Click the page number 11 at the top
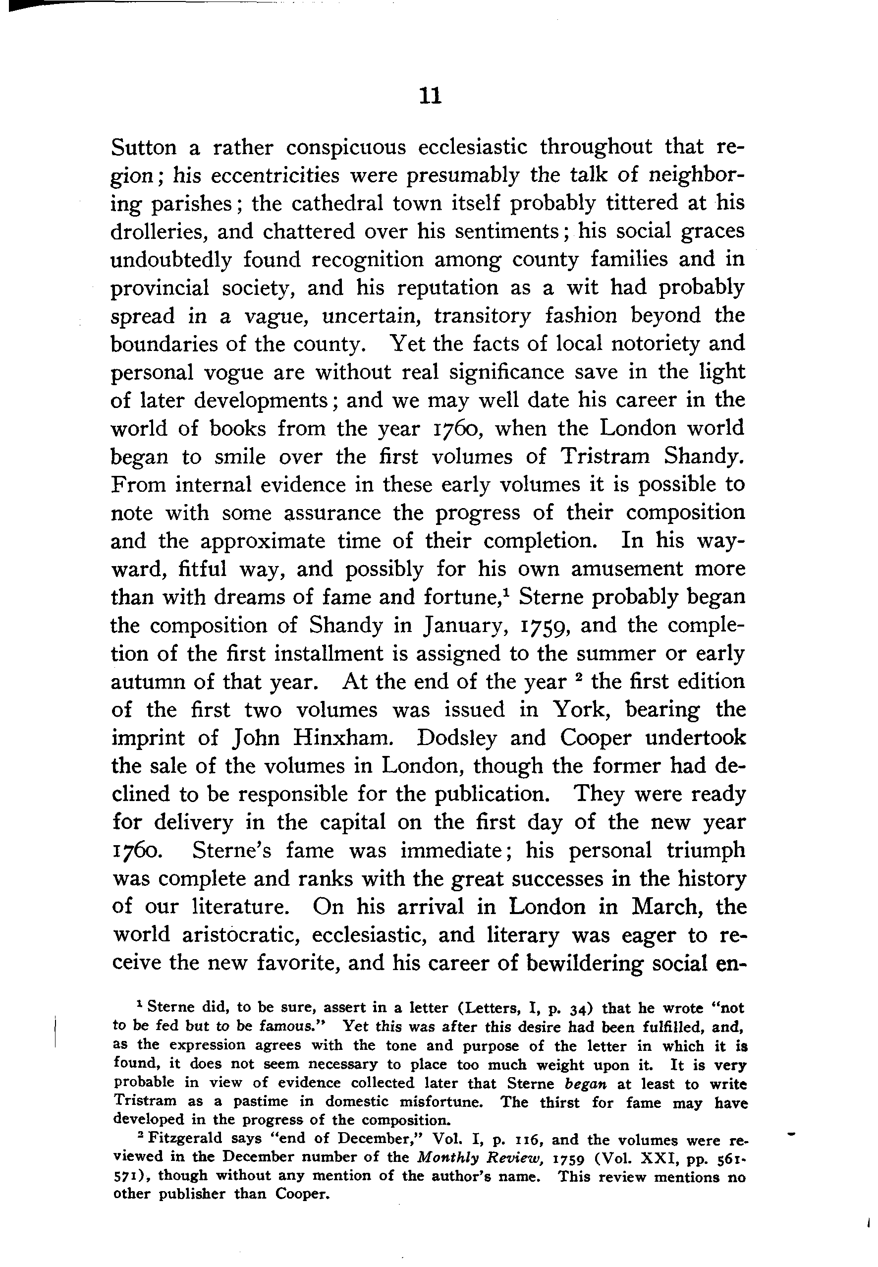tap(429, 97)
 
